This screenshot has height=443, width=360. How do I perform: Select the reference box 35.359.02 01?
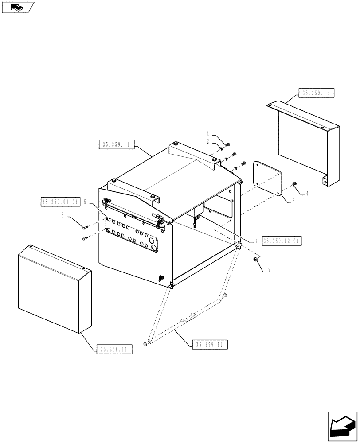[282, 241]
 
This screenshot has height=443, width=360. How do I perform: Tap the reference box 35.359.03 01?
[60, 202]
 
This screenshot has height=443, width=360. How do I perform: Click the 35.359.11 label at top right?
[317, 93]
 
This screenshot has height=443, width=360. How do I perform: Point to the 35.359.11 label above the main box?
[115, 144]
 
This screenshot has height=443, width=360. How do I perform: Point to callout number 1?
[256, 241]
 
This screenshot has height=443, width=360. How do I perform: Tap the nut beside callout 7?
[256, 260]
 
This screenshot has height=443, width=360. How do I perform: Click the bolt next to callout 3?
[85, 227]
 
